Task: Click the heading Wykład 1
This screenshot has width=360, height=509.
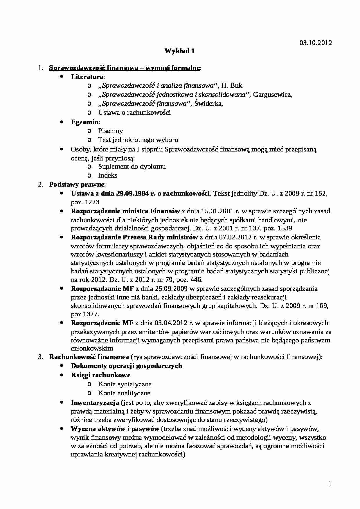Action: (179, 51)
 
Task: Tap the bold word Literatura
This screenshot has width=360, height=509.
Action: (87, 77)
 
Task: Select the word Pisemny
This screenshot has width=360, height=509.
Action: (110, 131)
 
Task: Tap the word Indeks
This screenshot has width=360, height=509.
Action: (108, 176)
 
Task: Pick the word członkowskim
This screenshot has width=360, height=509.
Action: (92, 349)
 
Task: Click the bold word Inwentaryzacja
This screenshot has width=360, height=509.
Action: (95, 403)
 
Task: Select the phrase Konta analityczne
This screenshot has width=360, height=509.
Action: (124, 393)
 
